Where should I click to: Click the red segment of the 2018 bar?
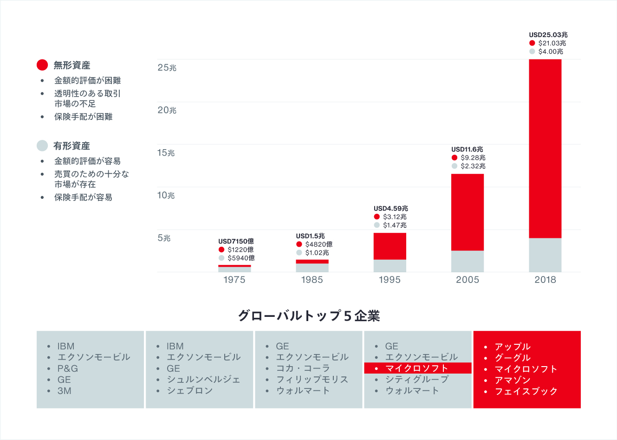[x=545, y=149]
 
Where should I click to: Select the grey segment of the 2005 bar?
[x=468, y=261]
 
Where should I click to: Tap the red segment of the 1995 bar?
[x=390, y=246]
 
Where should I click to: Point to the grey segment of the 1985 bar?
[x=312, y=268]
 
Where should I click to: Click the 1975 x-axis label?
[x=234, y=280]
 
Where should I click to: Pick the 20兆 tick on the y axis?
[x=167, y=110]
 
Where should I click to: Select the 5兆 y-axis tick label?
[x=164, y=238]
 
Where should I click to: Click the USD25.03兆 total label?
[x=548, y=35]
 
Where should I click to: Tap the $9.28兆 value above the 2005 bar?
[x=473, y=158]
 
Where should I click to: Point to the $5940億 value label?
[x=240, y=258]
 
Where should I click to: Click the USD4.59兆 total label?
[x=391, y=209]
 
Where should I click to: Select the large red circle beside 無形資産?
[x=42, y=65]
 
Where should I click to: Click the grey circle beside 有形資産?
[x=42, y=145]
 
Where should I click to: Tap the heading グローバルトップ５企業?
[x=309, y=316]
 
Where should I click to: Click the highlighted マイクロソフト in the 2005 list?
[x=416, y=368]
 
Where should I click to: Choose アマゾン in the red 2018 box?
[x=513, y=380]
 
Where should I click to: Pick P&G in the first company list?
[x=67, y=368]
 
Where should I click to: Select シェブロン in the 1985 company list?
[x=189, y=391]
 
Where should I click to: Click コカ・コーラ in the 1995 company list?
[x=303, y=368]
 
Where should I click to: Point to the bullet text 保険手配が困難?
[x=84, y=117]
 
